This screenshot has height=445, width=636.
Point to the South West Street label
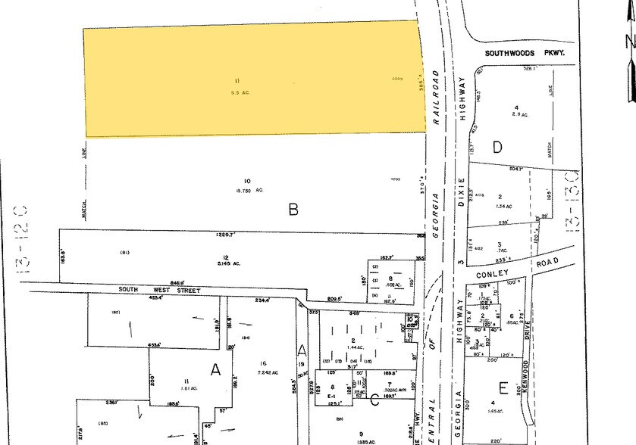158,291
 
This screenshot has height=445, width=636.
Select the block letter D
498,147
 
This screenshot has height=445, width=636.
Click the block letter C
374,400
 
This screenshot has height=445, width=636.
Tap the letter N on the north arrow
628,42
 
